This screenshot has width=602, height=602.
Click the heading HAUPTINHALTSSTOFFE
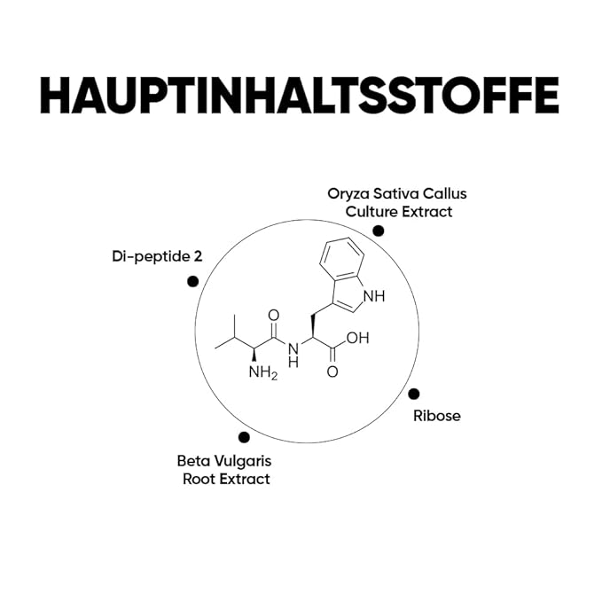pos(300,95)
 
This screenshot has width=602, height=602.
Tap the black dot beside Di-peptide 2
pos(192,281)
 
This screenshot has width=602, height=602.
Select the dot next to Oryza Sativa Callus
pos(379,231)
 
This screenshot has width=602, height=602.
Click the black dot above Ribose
pos(413,394)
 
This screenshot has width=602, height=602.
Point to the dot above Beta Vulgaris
pos(244,437)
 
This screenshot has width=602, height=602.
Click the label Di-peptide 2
pos(157,257)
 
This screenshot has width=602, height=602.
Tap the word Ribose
pos(437,416)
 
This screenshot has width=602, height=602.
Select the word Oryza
pos(348,194)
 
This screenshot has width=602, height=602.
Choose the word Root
pos(199,479)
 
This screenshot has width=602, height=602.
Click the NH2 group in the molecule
pos(263,372)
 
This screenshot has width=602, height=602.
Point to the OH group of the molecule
pos(358,338)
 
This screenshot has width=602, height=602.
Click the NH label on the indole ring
pos(374,296)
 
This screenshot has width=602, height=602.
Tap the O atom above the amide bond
pos(273,316)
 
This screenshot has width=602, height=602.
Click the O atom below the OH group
pos(332,371)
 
